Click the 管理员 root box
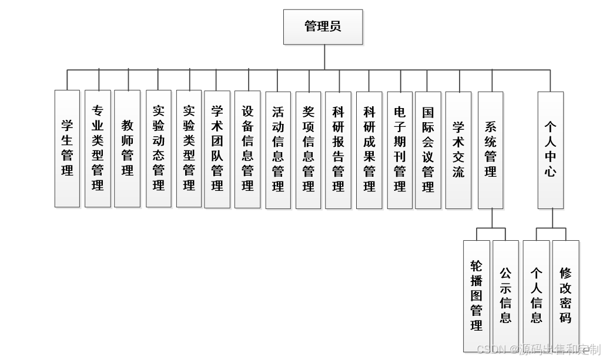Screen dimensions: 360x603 tap(323, 27)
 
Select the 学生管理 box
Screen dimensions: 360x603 tap(67, 148)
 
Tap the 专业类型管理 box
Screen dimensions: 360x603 tap(98, 148)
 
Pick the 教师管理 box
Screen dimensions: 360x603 tap(128, 148)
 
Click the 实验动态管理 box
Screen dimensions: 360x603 tap(159, 148)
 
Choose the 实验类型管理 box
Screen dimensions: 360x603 tap(189, 148)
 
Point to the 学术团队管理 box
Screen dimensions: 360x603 tap(217, 148)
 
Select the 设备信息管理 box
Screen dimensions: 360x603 tap(247, 148)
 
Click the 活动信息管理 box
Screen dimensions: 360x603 tap(278, 149)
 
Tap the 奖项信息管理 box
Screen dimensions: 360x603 tap(309, 149)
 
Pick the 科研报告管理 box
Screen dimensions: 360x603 tap(339, 149)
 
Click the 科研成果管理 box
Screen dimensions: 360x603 tap(369, 149)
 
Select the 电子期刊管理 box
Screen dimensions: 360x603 tap(400, 149)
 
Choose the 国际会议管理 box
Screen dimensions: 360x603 tap(428, 149)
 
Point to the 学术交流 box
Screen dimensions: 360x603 tap(458, 149)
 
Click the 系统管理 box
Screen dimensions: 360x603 tap(491, 149)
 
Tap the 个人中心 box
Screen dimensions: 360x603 tap(551, 149)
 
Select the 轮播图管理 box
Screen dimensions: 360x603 tap(477, 295)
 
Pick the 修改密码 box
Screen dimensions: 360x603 tap(565, 295)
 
